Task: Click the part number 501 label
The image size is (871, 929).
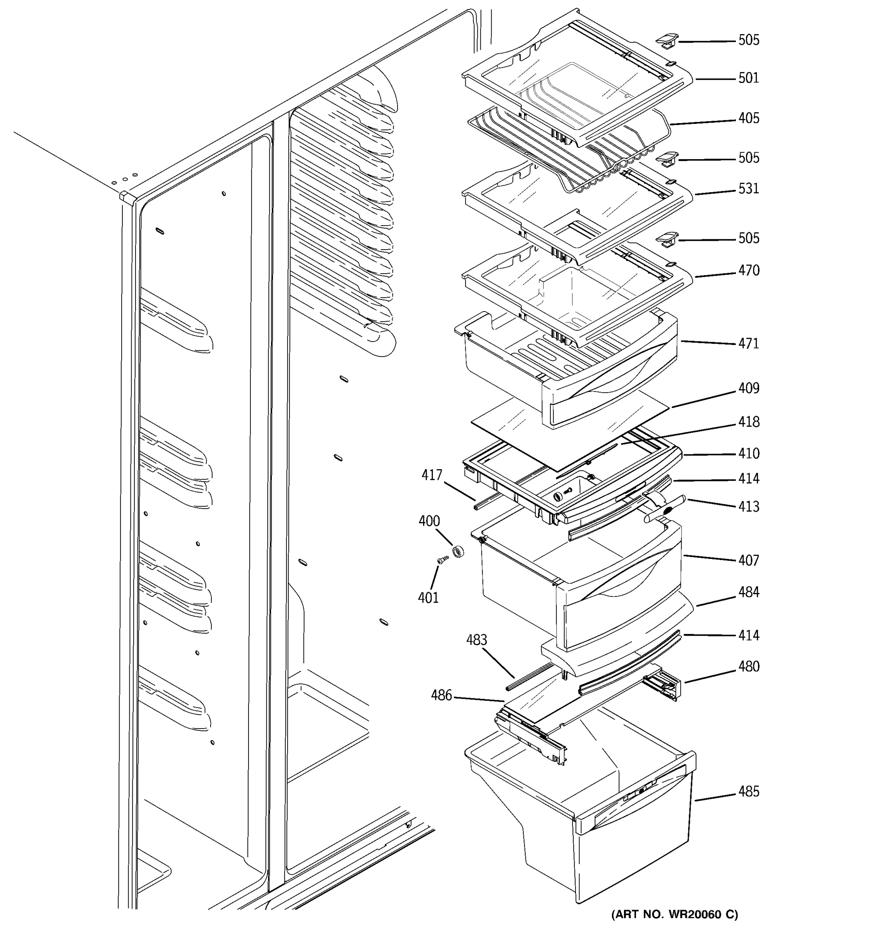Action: [x=749, y=78]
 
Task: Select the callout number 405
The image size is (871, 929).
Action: [x=749, y=118]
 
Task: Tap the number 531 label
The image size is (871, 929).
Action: [x=749, y=189]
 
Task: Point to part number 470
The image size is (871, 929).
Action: [x=749, y=271]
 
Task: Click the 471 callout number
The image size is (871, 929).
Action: [x=749, y=343]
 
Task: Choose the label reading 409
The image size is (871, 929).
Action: [x=749, y=388]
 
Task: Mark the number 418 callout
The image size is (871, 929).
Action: [x=749, y=422]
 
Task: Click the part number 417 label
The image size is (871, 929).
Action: [x=432, y=475]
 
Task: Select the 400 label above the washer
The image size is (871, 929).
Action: [x=429, y=521]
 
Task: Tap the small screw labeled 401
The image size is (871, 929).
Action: [x=440, y=560]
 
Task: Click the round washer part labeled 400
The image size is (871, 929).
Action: [x=458, y=552]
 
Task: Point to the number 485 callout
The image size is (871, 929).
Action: [x=749, y=792]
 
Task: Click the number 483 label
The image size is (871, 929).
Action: [x=477, y=640]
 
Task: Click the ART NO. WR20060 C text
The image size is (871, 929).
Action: [x=674, y=914]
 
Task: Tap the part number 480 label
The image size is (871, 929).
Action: [x=749, y=667]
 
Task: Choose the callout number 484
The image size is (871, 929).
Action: [x=749, y=593]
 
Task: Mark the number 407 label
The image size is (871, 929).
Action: [x=749, y=560]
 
